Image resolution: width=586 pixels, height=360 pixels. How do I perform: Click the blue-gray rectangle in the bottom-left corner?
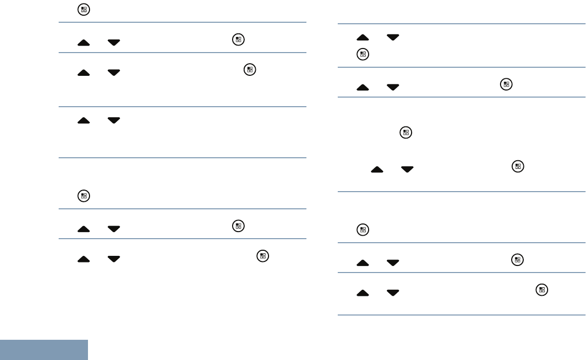pos(44,350)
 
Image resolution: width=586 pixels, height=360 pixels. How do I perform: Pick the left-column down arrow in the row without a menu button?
pos(114,121)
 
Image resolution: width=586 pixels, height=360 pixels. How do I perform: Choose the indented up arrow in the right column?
pos(377,170)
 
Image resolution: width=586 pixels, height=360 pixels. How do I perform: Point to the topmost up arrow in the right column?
pos(363,37)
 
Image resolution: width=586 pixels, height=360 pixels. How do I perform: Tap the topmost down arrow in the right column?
pos(392,37)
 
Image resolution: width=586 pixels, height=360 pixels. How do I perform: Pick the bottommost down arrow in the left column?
pos(114,259)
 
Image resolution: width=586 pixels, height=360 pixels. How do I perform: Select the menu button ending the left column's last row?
pos(262,256)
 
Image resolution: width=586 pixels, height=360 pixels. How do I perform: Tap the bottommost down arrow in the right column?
pos(392,293)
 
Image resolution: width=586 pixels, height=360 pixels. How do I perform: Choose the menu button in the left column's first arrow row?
pos(238,40)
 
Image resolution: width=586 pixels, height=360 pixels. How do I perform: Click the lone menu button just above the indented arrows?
pos(404,133)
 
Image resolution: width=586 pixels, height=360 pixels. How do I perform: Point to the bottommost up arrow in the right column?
pos(363,293)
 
